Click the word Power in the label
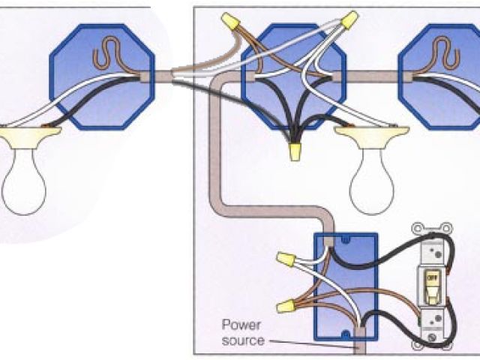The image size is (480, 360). [x=238, y=325]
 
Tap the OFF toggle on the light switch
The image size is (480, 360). [x=431, y=277]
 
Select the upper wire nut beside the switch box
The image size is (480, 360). [x=285, y=259]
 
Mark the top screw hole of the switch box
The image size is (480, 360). [x=346, y=240]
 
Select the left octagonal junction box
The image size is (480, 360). [x=101, y=71]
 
